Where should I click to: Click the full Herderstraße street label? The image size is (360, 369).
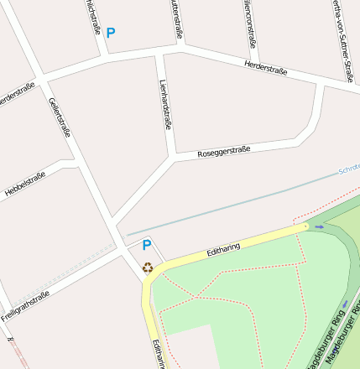click(x=265, y=67)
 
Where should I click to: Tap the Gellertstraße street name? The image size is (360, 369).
click(x=60, y=118)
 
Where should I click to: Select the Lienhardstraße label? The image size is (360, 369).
click(x=166, y=104)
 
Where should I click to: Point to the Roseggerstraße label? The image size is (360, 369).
click(x=223, y=153)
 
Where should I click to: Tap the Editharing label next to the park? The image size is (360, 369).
click(x=223, y=249)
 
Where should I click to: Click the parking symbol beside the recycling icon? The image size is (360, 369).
click(x=146, y=246)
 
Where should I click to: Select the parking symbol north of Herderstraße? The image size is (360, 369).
click(x=110, y=34)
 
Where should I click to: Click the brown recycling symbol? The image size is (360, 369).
click(x=148, y=268)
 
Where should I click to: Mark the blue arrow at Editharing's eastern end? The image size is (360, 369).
click(x=319, y=226)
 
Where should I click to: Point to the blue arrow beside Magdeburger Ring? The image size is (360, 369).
click(x=344, y=304)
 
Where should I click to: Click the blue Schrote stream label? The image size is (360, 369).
click(x=348, y=169)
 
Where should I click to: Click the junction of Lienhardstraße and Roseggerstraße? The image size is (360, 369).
click(x=174, y=157)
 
